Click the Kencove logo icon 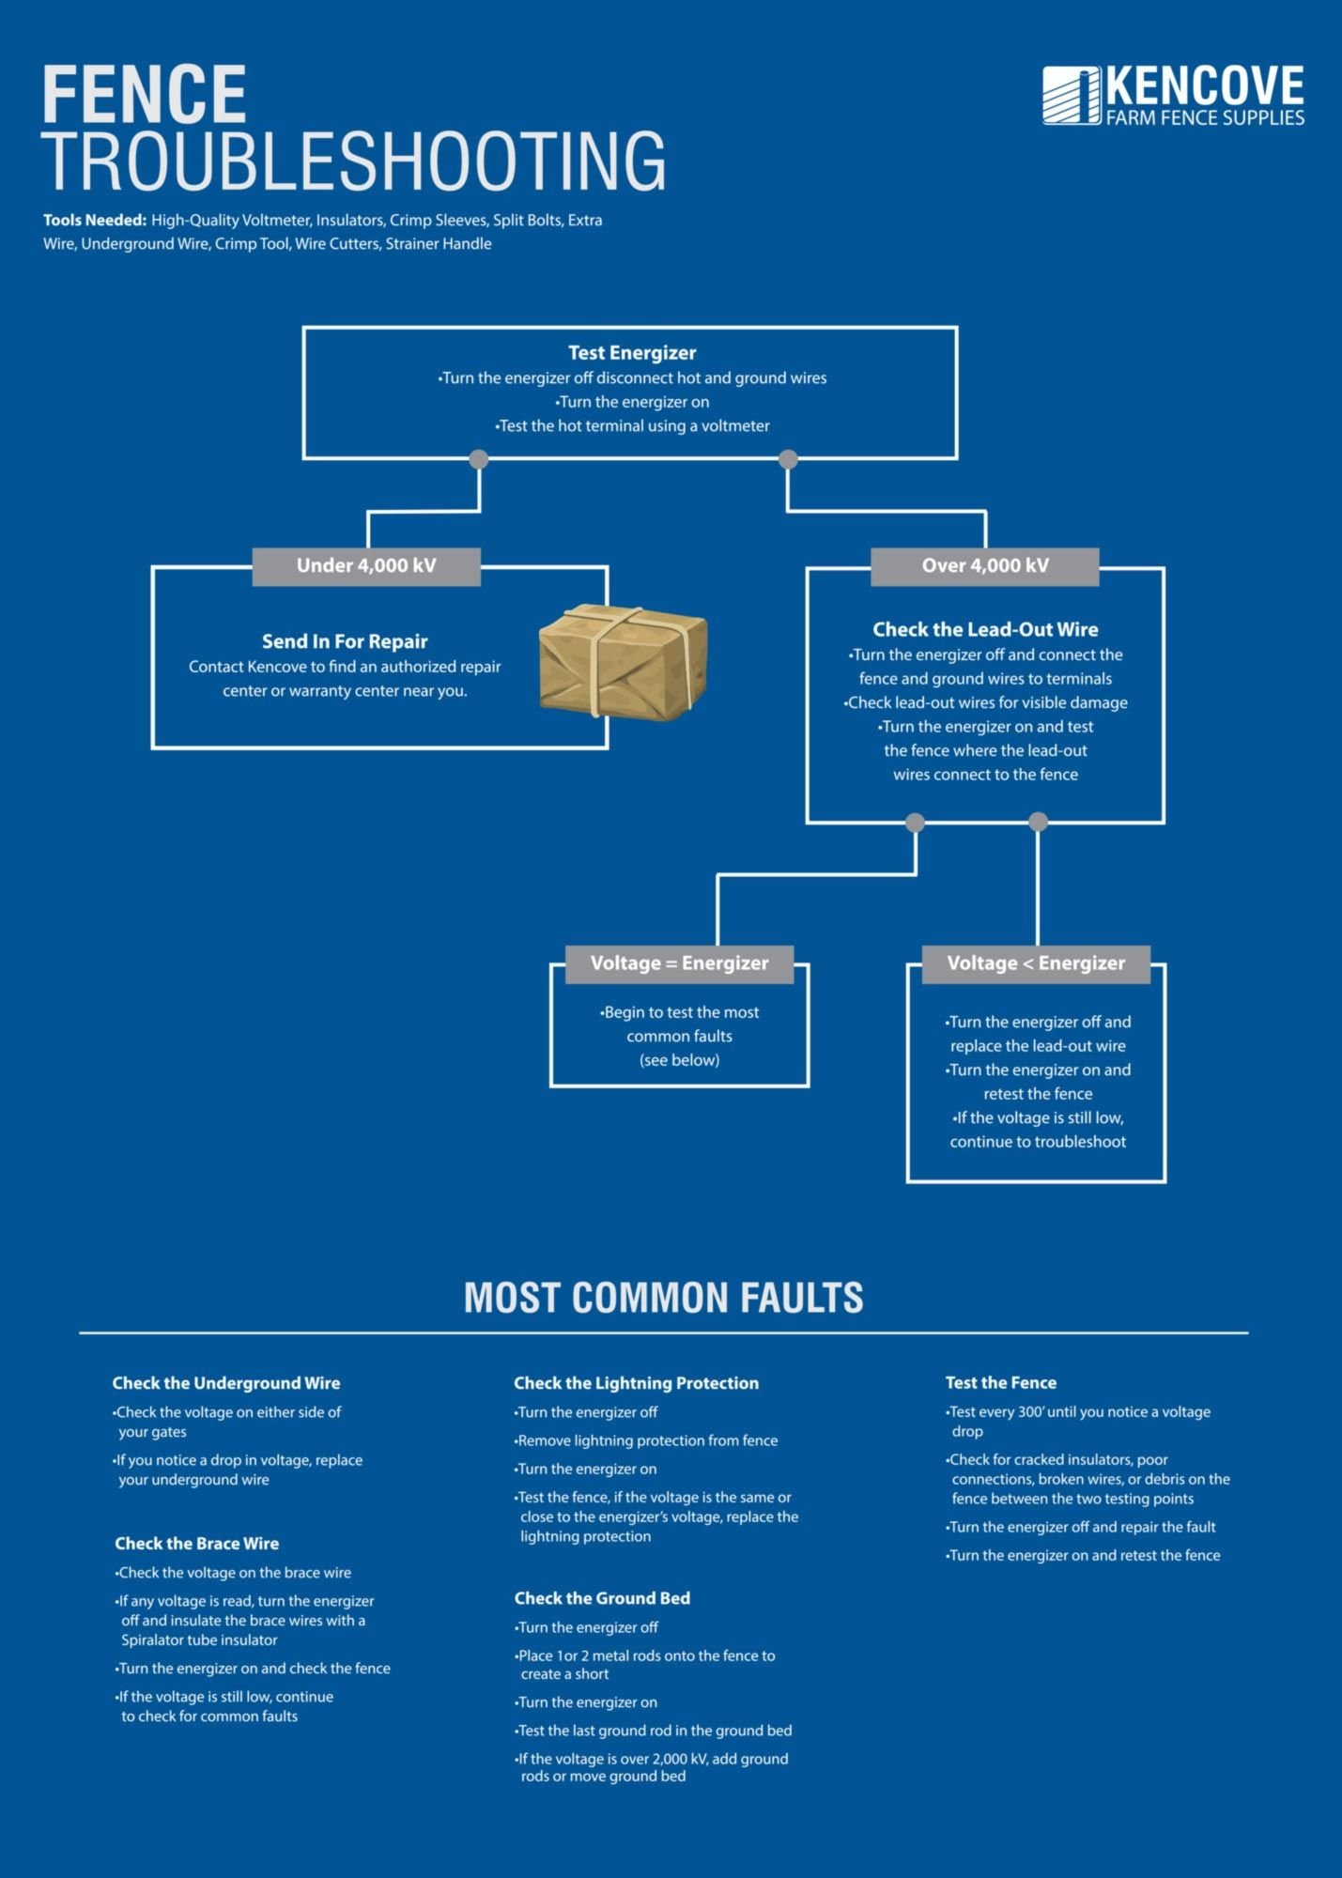(1071, 96)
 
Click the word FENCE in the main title (145, 95)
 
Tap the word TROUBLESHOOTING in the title (354, 162)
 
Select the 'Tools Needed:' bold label (95, 221)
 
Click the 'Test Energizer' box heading (632, 353)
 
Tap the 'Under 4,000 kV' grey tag (366, 566)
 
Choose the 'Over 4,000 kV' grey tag (985, 566)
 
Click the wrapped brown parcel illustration (623, 662)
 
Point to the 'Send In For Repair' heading (345, 641)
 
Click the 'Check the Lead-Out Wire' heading (985, 629)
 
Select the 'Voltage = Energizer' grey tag (679, 963)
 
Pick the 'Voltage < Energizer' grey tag (1036, 963)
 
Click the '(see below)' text (680, 1060)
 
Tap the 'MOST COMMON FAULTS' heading (664, 1298)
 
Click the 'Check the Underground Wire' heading (226, 1383)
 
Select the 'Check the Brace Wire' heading (197, 1544)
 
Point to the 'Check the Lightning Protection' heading (636, 1383)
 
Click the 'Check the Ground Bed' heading (602, 1598)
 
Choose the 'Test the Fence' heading (1001, 1383)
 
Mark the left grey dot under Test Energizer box (479, 459)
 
